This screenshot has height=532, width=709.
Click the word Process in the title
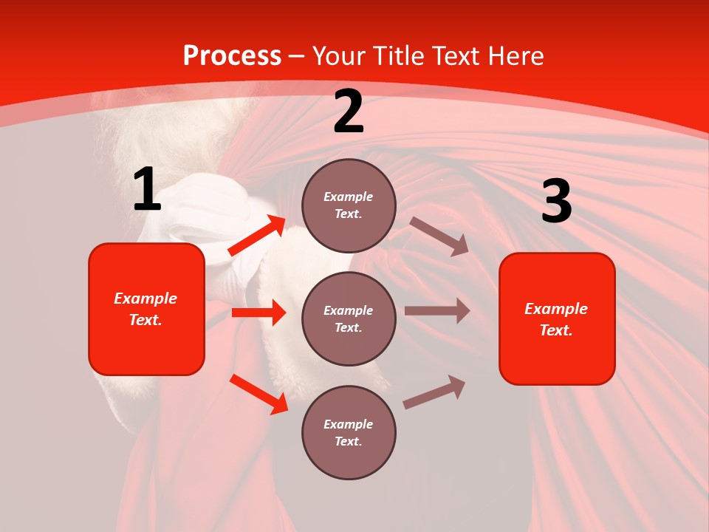tap(232, 56)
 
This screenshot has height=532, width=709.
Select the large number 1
tap(147, 190)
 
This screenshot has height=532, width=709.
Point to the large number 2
tap(349, 112)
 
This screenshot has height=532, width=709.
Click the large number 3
tap(556, 202)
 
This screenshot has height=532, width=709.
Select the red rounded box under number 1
tap(146, 309)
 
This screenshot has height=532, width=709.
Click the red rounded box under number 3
tap(557, 319)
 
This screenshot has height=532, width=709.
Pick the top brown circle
tap(349, 205)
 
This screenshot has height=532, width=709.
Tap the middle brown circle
tap(349, 318)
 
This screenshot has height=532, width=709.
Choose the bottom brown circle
tap(349, 432)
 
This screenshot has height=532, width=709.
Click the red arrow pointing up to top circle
tap(257, 236)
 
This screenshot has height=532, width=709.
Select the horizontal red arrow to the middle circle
tap(258, 313)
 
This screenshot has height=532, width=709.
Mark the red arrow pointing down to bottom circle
tap(258, 393)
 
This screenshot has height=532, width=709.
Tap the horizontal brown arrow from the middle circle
tap(436, 311)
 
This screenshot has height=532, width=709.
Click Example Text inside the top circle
tap(349, 205)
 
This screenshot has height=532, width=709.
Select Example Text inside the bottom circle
tap(349, 433)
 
